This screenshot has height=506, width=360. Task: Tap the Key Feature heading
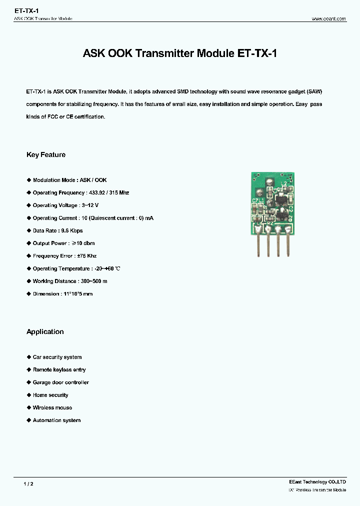(46, 155)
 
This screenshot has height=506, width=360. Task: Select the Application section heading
(45, 332)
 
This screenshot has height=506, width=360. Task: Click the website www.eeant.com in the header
(328, 18)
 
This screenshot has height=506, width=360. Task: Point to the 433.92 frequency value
(99, 193)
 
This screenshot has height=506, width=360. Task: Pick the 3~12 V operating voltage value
(89, 205)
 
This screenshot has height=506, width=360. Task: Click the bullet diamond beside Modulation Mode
(28, 180)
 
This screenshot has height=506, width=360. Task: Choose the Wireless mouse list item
(52, 408)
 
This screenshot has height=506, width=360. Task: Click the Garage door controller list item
(61, 382)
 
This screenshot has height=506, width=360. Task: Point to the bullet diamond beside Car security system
(28, 357)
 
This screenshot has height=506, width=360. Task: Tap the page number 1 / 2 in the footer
(28, 484)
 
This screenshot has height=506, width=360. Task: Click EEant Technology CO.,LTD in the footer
(317, 482)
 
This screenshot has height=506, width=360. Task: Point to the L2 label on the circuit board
(284, 184)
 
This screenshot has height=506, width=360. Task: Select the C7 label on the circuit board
(255, 200)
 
